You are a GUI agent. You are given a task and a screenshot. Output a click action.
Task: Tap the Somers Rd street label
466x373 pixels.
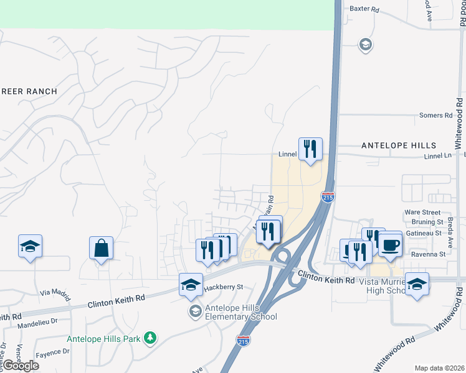pos(435,116)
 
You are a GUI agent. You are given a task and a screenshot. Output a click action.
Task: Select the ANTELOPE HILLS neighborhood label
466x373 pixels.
pos(399,145)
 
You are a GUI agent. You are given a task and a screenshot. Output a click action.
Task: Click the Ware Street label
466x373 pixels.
pos(422,213)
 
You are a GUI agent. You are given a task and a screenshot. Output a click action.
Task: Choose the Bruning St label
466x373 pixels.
pos(427,222)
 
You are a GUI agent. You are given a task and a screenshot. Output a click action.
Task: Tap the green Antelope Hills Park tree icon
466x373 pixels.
pos(150,338)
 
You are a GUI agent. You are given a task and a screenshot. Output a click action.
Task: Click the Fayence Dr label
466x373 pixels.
pos(49,352)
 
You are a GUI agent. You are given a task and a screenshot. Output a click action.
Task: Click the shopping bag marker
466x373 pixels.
pos(101,248)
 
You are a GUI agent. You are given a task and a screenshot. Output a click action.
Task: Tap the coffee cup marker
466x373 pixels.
pos(390,244)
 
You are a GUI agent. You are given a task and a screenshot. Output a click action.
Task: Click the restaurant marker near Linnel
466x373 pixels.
pos(310,149)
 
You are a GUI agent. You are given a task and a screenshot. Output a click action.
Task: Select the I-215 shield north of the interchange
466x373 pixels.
pos(328,196)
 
